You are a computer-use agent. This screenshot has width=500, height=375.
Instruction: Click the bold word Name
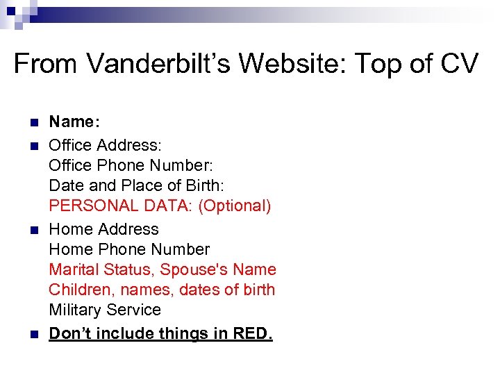coord(74,122)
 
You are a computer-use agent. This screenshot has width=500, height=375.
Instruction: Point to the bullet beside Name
coord(33,122)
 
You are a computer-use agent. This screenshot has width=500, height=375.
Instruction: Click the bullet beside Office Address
coord(33,146)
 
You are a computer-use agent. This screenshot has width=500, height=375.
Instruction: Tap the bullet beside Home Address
coord(33,230)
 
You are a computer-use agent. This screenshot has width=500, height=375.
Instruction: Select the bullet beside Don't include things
coord(33,334)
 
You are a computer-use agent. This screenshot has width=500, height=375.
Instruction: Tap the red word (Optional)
coord(235,206)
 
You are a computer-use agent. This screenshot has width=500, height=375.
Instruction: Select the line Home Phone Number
coord(129,249)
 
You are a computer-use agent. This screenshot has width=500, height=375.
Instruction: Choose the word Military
coord(74,310)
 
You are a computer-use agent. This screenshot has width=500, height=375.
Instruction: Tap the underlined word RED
coord(254,334)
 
